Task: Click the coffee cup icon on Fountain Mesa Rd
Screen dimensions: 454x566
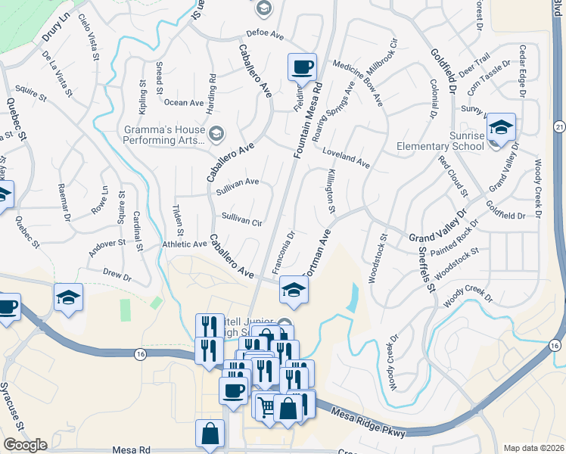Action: (x=302, y=67)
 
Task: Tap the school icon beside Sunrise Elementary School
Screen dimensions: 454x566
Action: (x=501, y=127)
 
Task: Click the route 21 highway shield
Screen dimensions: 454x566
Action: (x=559, y=125)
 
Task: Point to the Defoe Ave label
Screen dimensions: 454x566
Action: (x=264, y=34)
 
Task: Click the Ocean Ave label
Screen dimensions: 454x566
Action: (x=185, y=102)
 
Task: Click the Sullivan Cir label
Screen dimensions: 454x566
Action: (x=241, y=219)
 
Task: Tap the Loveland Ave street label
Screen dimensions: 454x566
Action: (x=345, y=157)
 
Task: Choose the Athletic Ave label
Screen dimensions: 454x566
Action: (x=185, y=244)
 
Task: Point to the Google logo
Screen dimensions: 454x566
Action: (x=24, y=444)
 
